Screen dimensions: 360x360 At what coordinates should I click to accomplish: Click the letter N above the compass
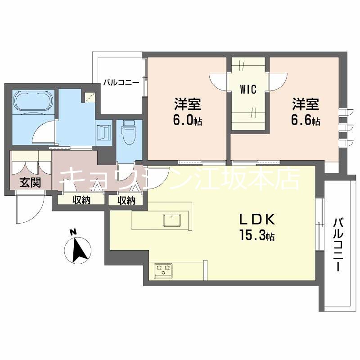coord(72,232)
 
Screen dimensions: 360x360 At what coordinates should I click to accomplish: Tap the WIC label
coord(248,89)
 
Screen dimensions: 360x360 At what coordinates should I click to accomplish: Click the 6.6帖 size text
coord(306,121)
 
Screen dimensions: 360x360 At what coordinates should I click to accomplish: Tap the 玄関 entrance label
coord(30,183)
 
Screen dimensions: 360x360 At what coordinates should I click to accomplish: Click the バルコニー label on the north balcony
coord(121,82)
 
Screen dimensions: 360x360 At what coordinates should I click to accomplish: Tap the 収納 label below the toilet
coord(126,200)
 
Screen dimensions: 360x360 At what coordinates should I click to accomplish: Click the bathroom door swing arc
coord(45,130)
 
